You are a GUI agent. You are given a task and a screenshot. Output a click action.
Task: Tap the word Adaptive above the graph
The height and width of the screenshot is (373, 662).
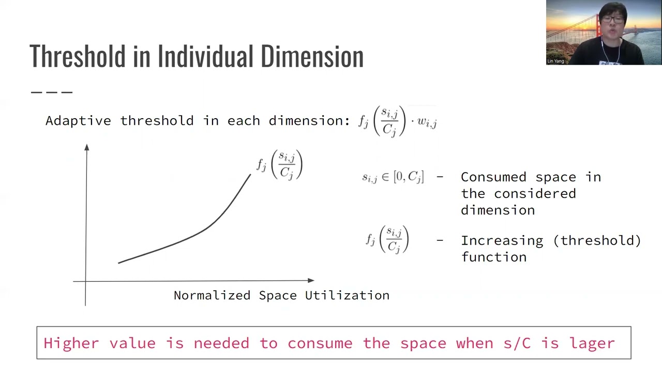point(78,121)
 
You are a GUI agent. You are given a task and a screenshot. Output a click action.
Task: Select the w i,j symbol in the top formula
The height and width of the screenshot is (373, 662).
point(427,122)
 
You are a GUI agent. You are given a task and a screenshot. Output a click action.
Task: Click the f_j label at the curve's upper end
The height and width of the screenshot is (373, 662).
point(279,165)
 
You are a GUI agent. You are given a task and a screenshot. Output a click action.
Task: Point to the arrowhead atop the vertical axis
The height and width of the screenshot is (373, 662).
point(87,148)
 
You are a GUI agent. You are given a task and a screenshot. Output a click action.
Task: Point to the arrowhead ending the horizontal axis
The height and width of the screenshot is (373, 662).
point(311,280)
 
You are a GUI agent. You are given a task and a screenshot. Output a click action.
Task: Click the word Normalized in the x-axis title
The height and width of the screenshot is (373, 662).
point(212,295)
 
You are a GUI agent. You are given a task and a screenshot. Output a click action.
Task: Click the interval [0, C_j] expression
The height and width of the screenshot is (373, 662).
point(409,177)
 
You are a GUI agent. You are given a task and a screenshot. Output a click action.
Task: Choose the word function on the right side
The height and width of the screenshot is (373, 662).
point(494,257)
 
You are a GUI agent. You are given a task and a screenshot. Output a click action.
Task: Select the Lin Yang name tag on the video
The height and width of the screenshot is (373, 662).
point(555,61)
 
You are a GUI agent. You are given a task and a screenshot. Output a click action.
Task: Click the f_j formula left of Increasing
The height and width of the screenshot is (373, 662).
point(387,240)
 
